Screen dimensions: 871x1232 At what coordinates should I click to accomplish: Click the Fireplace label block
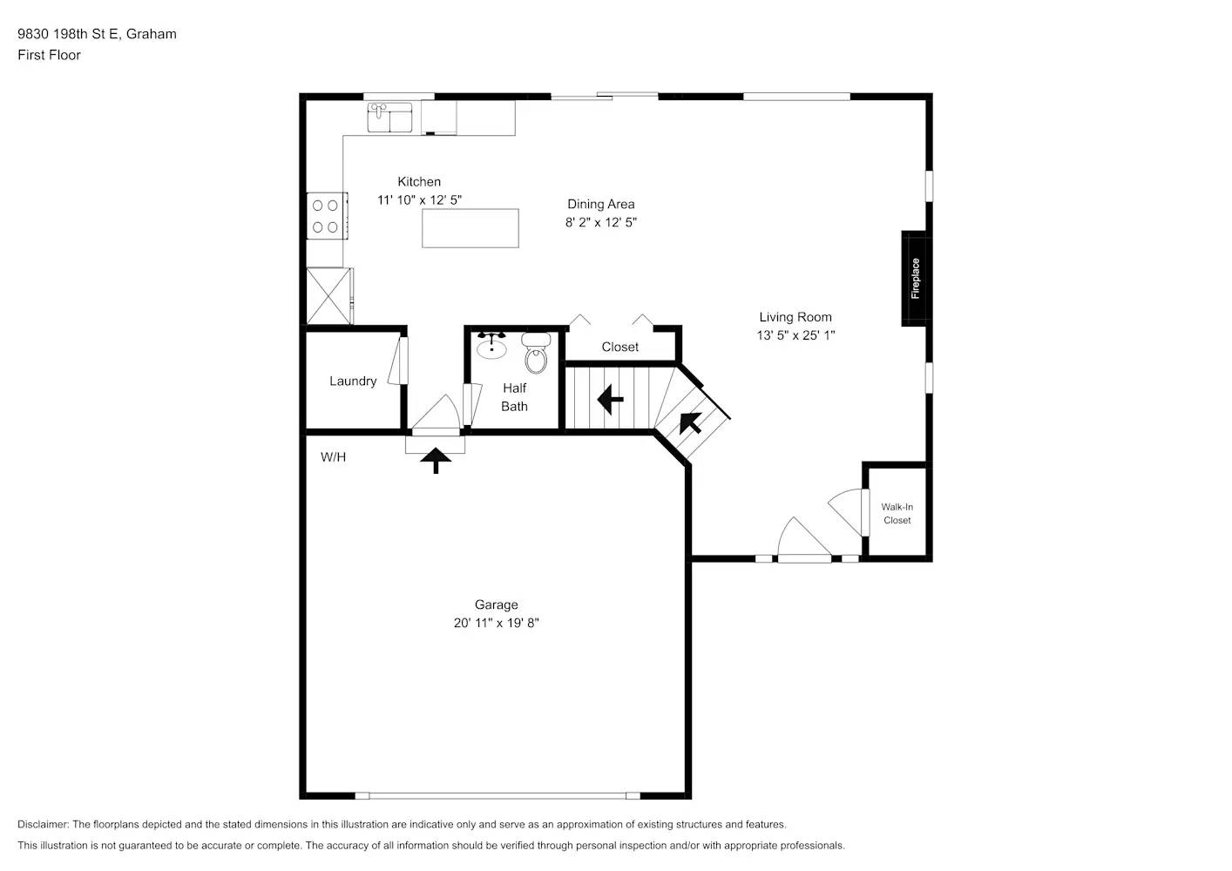(914, 279)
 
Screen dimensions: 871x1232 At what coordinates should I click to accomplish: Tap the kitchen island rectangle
(470, 228)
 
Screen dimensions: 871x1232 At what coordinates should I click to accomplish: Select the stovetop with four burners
(327, 216)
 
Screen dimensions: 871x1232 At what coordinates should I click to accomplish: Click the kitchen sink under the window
(389, 118)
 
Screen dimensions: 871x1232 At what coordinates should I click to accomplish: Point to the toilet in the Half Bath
(536, 353)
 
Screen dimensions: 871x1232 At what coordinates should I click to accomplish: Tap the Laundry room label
(353, 381)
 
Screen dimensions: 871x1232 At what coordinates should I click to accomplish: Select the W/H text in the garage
(333, 456)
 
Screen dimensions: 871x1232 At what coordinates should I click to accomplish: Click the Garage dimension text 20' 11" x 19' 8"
(496, 623)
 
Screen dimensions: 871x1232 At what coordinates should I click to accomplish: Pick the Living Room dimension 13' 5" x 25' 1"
(795, 335)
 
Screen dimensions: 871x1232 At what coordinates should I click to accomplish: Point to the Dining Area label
(600, 205)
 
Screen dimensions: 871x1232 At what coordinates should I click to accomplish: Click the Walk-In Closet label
(897, 514)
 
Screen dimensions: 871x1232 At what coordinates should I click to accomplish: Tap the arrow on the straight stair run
(610, 401)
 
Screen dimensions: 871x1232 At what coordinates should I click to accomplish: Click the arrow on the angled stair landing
(691, 422)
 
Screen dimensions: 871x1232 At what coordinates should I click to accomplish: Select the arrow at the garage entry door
(436, 459)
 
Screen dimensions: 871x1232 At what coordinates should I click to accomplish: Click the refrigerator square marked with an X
(329, 296)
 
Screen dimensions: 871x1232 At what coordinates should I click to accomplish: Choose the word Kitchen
(419, 182)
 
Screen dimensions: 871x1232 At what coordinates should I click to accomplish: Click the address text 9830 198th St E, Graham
(97, 34)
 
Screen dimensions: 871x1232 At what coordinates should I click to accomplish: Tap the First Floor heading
(49, 55)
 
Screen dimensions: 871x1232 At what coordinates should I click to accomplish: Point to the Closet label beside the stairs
(619, 347)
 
